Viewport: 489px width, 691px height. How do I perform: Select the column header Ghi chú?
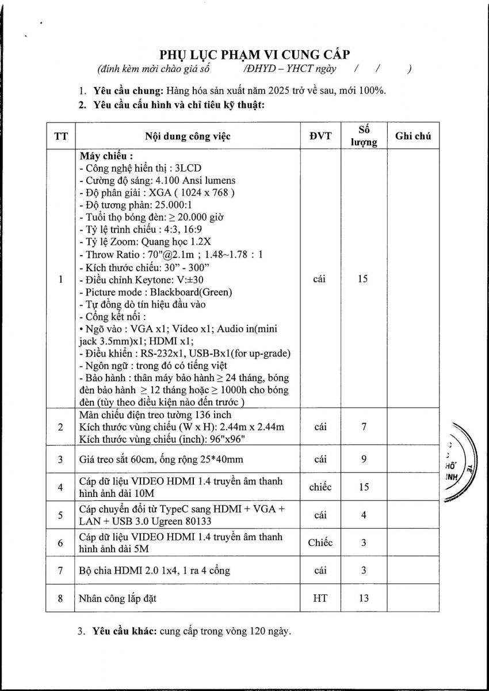pyautogui.click(x=412, y=136)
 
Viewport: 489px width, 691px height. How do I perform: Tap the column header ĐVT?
pyautogui.click(x=320, y=136)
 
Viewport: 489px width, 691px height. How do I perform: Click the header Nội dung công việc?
pyautogui.click(x=188, y=136)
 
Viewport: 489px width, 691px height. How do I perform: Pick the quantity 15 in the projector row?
pyautogui.click(x=363, y=279)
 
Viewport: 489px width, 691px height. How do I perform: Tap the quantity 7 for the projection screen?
pyautogui.click(x=364, y=427)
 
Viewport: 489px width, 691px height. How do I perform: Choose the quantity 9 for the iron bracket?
pyautogui.click(x=364, y=459)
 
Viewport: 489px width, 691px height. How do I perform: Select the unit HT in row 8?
pyautogui.click(x=320, y=598)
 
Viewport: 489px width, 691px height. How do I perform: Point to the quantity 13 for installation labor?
pyautogui.click(x=364, y=598)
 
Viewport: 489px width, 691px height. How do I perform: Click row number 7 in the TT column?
pyautogui.click(x=60, y=570)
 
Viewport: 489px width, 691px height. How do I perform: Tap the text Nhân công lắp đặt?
pyautogui.click(x=118, y=598)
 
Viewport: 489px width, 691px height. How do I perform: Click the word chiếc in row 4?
pyautogui.click(x=320, y=487)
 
